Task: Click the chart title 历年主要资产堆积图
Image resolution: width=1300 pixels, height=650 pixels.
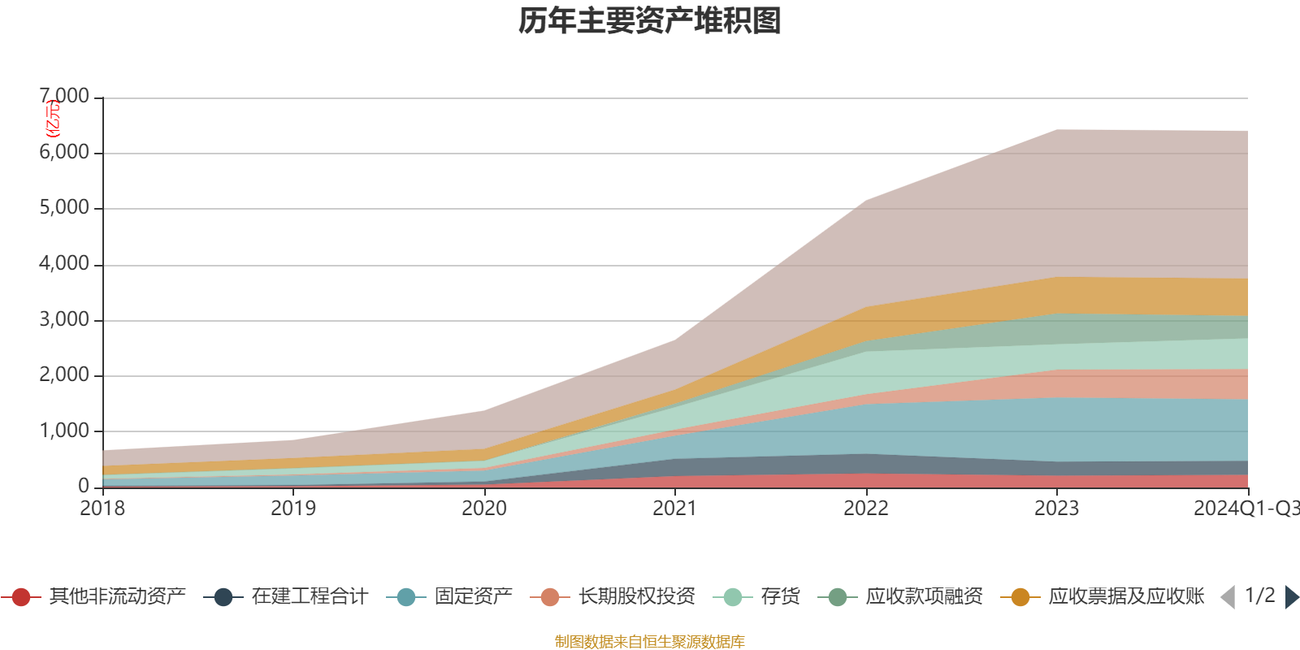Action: click(x=650, y=21)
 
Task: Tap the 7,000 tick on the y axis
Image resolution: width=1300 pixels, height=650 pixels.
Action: click(x=65, y=97)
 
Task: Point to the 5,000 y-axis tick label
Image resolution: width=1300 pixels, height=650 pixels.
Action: click(x=65, y=208)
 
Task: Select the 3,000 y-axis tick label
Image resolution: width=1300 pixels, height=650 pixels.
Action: click(x=65, y=319)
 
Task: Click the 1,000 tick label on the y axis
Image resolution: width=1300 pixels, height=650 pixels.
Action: click(x=65, y=431)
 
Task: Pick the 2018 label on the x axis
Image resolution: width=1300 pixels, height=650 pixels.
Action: click(x=102, y=509)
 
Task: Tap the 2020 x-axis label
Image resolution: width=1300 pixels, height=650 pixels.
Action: click(x=484, y=509)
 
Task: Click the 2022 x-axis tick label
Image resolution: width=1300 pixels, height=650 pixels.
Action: click(x=866, y=509)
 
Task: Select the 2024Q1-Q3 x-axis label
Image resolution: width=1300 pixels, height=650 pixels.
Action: click(x=1245, y=509)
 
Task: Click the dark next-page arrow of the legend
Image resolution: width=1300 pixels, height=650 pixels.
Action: click(x=1291, y=597)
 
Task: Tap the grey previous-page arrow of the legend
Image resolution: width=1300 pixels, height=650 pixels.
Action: click(x=1228, y=597)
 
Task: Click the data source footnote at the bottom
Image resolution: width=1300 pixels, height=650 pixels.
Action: click(x=649, y=642)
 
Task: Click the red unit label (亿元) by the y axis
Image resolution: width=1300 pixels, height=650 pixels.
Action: click(x=53, y=119)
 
